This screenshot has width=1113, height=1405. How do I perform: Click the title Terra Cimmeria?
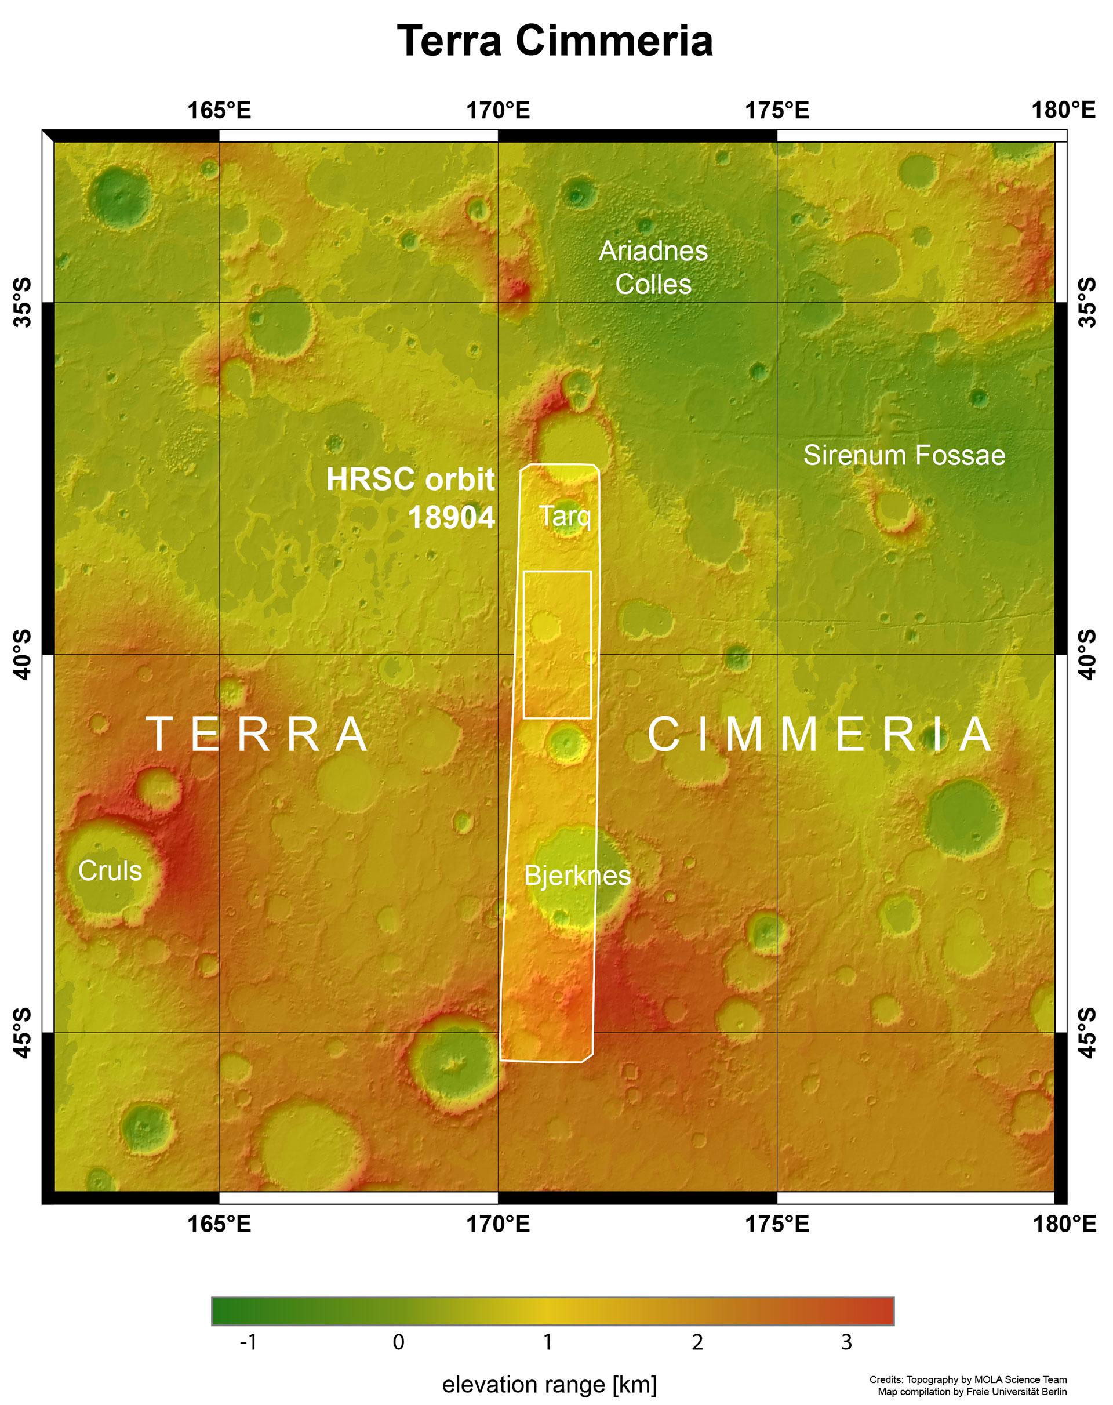click(556, 41)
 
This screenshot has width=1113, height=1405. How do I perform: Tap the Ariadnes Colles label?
click(653, 267)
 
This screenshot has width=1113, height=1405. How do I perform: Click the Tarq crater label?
click(565, 517)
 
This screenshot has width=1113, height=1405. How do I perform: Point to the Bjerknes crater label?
click(577, 876)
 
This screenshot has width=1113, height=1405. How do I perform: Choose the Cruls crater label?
click(110, 870)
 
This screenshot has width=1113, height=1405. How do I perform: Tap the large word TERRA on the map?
click(259, 735)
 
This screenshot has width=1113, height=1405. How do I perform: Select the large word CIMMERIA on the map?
click(820, 735)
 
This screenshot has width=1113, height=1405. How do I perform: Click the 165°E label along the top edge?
click(219, 111)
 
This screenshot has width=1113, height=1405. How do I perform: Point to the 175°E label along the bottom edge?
click(777, 1225)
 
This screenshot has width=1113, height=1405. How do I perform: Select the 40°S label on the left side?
click(21, 654)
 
